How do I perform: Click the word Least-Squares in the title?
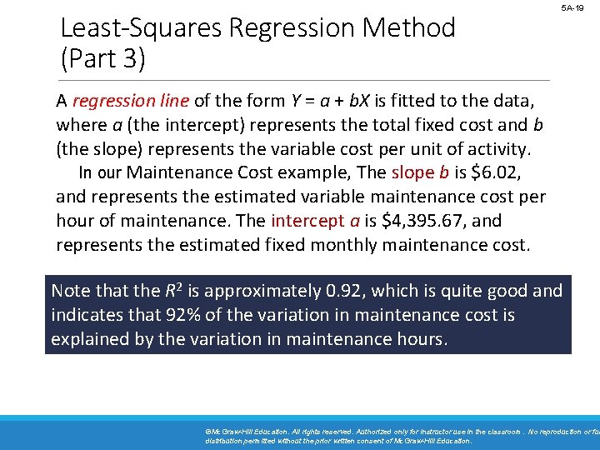[x=142, y=28]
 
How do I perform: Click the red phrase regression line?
[x=132, y=102]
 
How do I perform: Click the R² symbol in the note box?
[x=173, y=290]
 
